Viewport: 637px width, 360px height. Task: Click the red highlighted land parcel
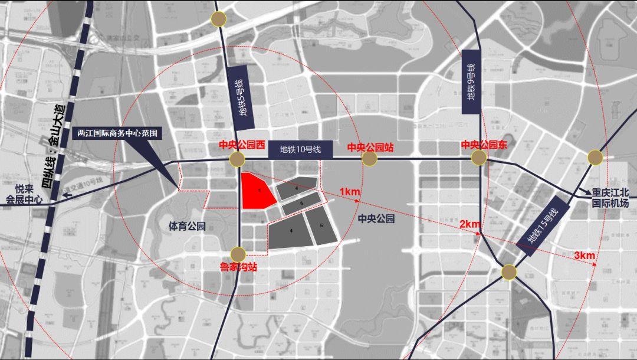click(x=257, y=191)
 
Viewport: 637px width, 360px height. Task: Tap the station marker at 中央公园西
click(x=237, y=159)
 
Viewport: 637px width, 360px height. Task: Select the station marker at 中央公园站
click(x=369, y=159)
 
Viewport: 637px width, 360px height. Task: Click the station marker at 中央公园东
click(x=479, y=158)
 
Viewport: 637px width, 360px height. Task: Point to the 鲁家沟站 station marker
click(x=238, y=254)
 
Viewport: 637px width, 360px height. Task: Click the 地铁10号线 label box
click(x=300, y=149)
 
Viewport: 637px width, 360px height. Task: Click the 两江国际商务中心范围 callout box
click(x=119, y=133)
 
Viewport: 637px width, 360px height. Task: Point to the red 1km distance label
click(x=350, y=192)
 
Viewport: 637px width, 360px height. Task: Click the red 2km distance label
click(x=470, y=224)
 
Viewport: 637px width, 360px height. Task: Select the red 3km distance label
click(x=584, y=255)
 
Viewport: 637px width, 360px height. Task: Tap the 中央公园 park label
click(x=376, y=218)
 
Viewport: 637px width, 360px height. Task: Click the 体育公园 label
click(x=187, y=226)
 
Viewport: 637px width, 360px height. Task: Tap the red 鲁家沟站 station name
click(x=238, y=267)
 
